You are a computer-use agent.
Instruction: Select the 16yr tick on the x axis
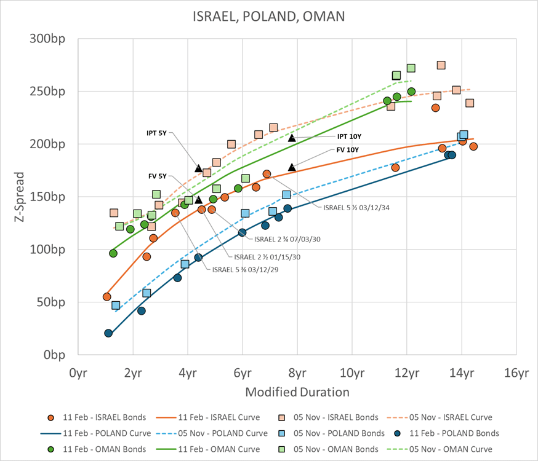[x=516, y=373]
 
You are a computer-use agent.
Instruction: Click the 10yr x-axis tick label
[x=351, y=373]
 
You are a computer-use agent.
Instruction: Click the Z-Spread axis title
[x=20, y=196]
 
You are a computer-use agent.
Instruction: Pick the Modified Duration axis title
[x=297, y=392]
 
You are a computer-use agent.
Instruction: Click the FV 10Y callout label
[x=347, y=149]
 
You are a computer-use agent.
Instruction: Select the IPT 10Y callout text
[x=349, y=136]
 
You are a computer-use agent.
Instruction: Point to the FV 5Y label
[x=158, y=176]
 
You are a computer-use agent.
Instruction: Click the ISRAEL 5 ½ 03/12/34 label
[x=356, y=207]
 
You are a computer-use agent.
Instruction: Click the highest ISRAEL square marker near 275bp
[x=441, y=65]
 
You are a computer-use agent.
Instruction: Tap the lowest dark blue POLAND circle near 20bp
[x=108, y=333]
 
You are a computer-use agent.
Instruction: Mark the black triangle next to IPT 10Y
[x=292, y=138]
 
